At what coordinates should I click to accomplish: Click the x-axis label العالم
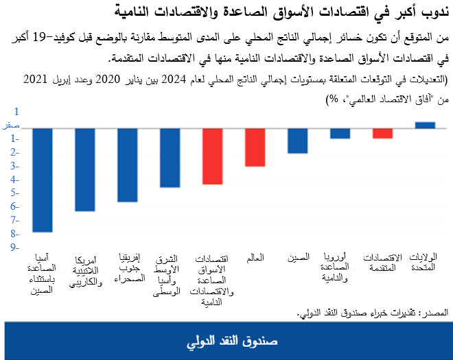pos(255,259)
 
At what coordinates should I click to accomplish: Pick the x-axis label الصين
pos(297,259)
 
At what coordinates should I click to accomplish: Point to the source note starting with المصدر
pos(373,312)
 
